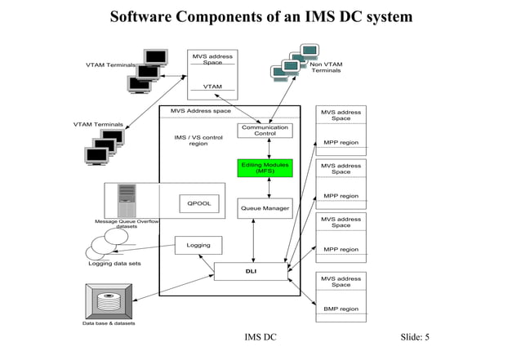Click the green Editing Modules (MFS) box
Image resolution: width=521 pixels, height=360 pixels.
coord(265,168)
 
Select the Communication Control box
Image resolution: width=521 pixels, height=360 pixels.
coord(265,131)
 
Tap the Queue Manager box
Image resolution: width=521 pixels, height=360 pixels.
coord(265,208)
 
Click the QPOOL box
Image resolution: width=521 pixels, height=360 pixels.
coord(199,203)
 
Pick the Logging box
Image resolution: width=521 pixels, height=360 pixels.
coord(198,245)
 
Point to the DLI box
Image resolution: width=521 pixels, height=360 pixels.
coord(252,271)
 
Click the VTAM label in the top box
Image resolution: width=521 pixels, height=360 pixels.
coord(212,87)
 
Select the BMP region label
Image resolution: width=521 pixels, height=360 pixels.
coord(341,309)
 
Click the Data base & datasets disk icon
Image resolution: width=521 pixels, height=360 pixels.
coord(109,301)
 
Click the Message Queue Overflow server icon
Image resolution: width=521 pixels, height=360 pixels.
coord(127,200)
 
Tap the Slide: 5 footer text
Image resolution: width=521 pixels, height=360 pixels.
coord(415,338)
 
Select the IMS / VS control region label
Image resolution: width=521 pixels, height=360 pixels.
coord(198,140)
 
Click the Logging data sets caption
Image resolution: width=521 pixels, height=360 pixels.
coord(114,264)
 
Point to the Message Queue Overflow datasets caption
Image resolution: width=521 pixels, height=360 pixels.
coord(127,224)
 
